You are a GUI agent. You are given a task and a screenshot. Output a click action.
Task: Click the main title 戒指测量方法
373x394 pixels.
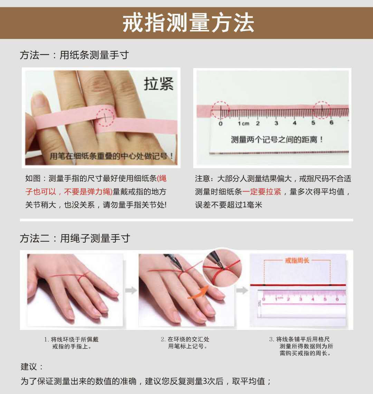tap(188, 23)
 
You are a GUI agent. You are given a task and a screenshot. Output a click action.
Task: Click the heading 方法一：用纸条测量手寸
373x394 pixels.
tap(74, 55)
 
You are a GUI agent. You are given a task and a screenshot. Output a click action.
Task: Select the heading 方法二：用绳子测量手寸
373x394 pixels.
tap(75, 238)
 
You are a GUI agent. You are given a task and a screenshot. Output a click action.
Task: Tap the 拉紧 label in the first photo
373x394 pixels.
tap(159, 84)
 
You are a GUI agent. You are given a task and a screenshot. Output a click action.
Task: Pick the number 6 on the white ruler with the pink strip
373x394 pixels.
tap(332, 122)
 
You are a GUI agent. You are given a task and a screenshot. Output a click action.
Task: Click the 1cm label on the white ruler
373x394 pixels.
tap(243, 123)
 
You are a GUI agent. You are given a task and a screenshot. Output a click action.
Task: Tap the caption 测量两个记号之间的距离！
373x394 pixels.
tap(277, 139)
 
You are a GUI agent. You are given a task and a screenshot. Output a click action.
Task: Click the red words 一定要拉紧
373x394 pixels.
tap(262, 192)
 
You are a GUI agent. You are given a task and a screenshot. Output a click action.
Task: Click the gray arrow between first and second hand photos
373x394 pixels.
tap(131, 291)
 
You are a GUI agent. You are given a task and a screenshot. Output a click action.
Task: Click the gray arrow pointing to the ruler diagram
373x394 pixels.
tap(242, 291)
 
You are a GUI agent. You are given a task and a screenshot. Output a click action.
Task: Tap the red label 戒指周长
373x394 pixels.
tap(297, 261)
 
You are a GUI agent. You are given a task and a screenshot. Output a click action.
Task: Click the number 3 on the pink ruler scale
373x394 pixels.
tap(300, 299)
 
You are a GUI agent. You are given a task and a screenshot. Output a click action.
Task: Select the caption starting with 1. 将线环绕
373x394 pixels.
tap(71, 343)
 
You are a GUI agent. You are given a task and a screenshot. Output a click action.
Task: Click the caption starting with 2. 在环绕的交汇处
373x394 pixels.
tap(185, 343)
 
